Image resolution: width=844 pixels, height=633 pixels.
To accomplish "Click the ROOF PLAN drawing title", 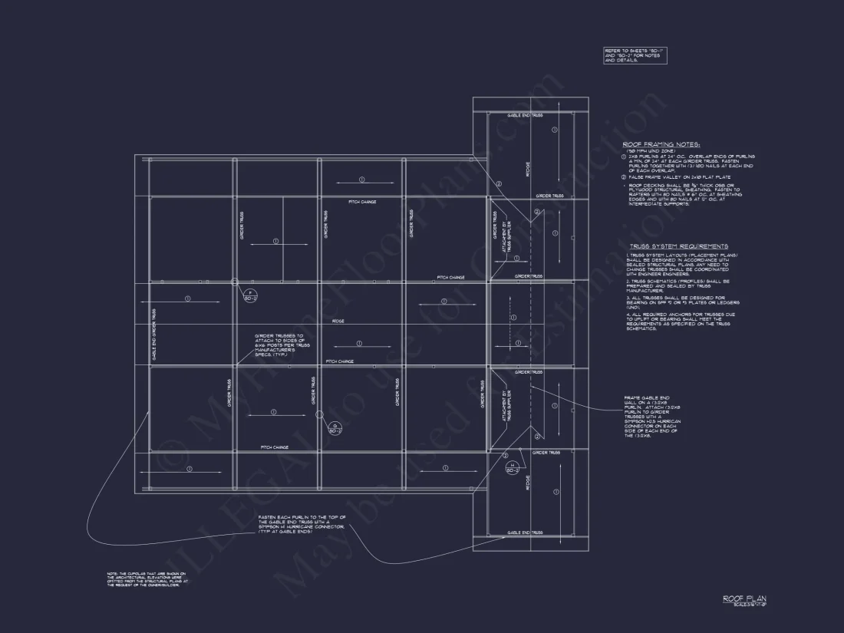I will (744, 598).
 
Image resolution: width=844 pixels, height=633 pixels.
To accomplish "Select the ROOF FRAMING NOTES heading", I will (661, 144).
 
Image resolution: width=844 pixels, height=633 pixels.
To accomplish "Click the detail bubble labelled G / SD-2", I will (335, 428).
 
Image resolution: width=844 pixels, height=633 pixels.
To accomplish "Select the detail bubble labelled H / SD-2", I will (510, 467).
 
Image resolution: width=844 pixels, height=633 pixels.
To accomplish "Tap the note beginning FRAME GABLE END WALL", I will (653, 417).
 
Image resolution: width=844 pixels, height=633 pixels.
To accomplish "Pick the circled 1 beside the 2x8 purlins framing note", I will (625, 157).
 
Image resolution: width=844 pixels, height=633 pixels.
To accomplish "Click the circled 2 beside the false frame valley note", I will (625, 176).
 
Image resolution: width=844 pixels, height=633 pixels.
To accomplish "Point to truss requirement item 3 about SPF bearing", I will (675, 302).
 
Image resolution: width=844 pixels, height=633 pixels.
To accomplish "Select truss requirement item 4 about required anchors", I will (675, 321).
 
